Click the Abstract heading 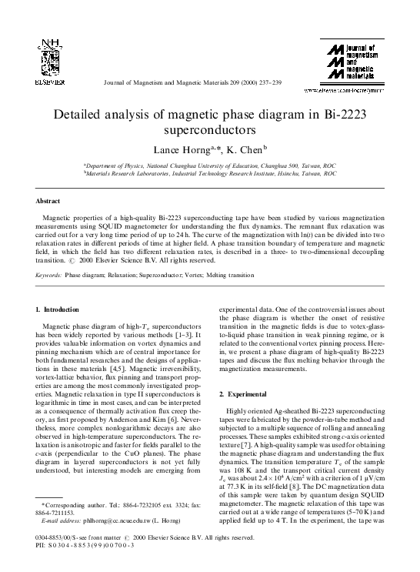[x=48, y=200]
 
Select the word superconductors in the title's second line [x=209, y=131]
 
